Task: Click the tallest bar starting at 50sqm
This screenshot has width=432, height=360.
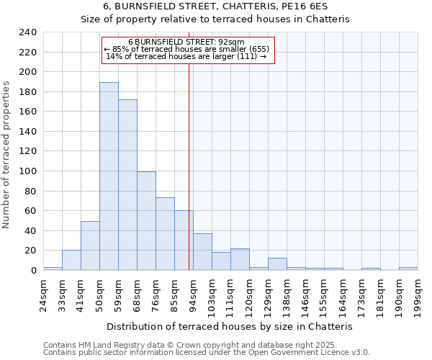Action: [x=109, y=176]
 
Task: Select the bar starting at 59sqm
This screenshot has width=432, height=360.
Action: [x=127, y=185]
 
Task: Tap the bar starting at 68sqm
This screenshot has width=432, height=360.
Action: [x=146, y=221]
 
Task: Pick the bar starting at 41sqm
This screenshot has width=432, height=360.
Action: [x=90, y=246]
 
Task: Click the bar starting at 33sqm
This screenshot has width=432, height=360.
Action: [x=71, y=260]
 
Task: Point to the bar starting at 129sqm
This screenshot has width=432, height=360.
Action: [x=277, y=264]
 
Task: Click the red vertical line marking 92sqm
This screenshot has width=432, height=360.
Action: [x=189, y=144]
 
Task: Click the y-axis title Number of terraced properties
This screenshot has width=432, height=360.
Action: [x=6, y=155]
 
